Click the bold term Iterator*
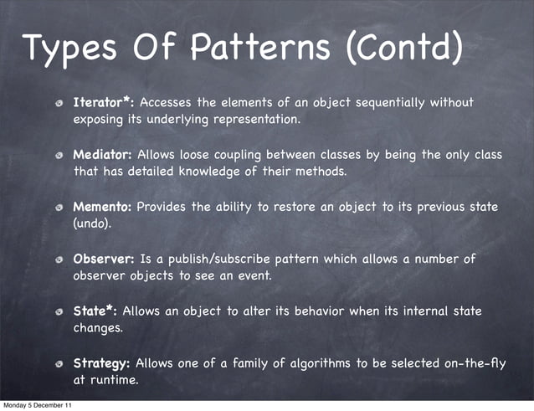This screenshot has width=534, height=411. click(103, 103)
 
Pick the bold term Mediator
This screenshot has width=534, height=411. click(102, 155)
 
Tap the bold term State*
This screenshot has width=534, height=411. click(96, 311)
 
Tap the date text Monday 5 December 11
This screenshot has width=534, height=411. click(36, 405)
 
